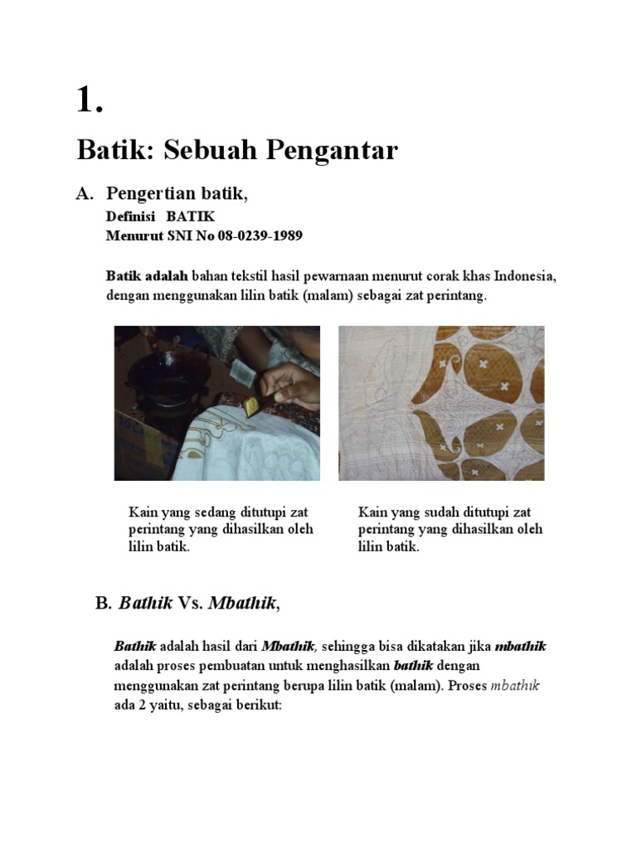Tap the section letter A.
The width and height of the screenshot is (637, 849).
pyautogui.click(x=83, y=194)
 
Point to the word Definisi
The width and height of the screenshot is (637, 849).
pyautogui.click(x=131, y=216)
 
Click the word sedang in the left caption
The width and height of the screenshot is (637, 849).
pyautogui.click(x=209, y=512)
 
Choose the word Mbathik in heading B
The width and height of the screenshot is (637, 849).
pyautogui.click(x=241, y=603)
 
